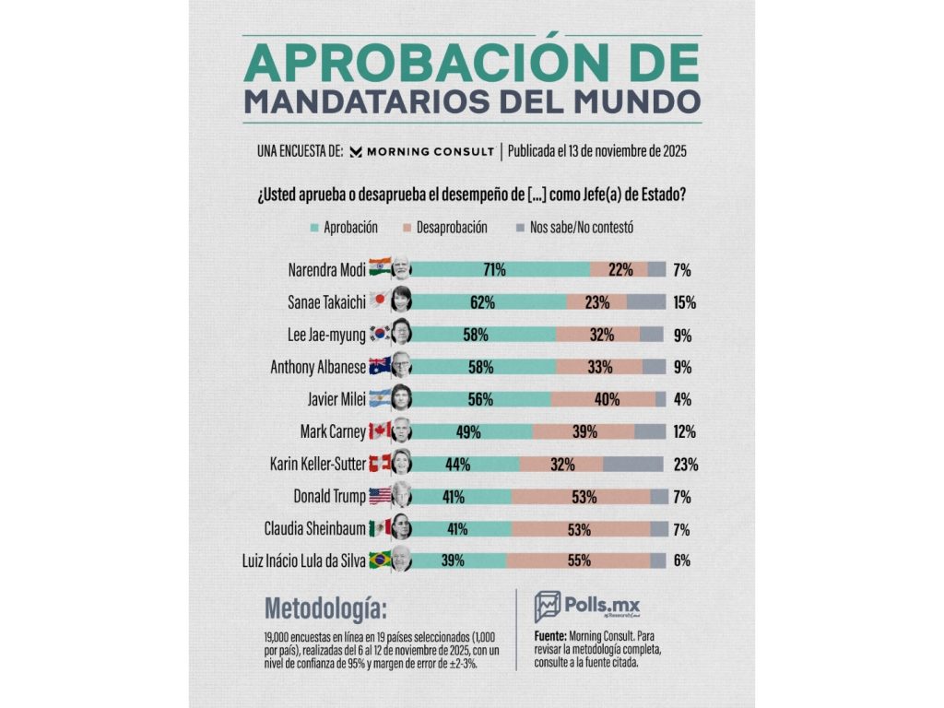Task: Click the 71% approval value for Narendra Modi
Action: (x=494, y=269)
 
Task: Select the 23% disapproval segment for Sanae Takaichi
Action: (x=596, y=301)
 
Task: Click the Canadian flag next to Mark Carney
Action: (x=379, y=431)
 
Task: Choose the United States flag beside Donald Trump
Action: (x=379, y=495)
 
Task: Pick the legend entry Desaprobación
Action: (x=445, y=226)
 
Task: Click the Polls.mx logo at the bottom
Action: (x=587, y=606)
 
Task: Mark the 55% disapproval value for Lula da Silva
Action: (x=585, y=560)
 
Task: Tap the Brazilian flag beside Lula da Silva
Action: (x=379, y=560)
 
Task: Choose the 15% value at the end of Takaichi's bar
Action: (x=683, y=301)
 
